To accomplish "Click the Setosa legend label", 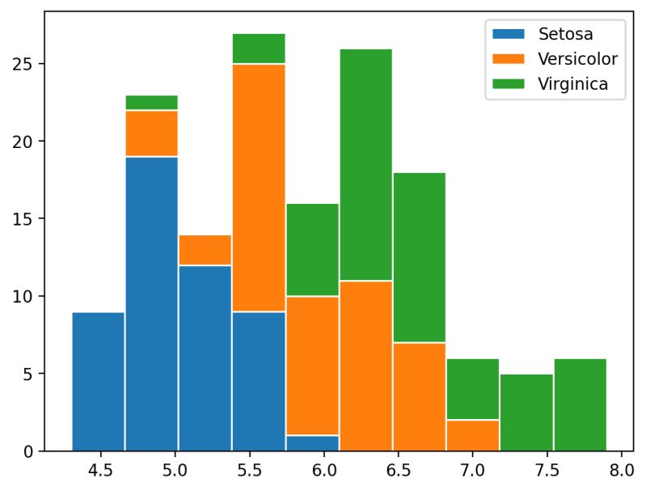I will (x=565, y=35).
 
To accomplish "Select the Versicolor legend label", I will (x=577, y=59).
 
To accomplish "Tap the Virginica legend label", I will (x=572, y=83).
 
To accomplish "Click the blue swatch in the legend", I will (x=508, y=35).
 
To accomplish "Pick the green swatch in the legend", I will (x=508, y=83).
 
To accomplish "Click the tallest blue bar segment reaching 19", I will (x=151, y=303).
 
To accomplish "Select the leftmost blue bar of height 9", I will (x=98, y=381).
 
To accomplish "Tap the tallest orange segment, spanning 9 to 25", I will (x=259, y=188).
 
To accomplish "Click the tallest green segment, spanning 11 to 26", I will (x=365, y=164).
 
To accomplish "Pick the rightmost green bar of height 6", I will (x=580, y=404).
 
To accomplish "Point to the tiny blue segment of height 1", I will (x=312, y=443).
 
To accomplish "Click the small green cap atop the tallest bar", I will (x=259, y=49).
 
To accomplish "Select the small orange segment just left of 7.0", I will (x=472, y=435).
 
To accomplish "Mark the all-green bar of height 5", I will (x=526, y=413).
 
